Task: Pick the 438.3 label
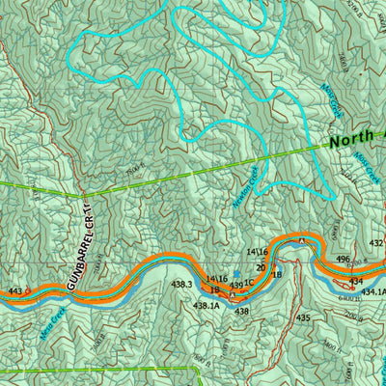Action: (181, 285)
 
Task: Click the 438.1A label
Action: (206, 306)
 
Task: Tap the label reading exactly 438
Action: (241, 311)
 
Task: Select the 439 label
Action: (235, 285)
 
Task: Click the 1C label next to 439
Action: (249, 284)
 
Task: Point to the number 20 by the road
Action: (261, 267)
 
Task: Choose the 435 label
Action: (303, 317)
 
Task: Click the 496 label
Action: (343, 260)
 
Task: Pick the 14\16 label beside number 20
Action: (256, 252)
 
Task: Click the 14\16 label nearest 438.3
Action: (216, 279)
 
